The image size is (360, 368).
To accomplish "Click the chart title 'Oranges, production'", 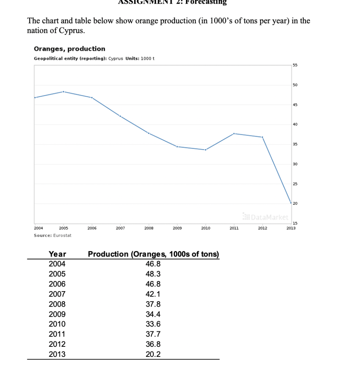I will pyautogui.click(x=69, y=49).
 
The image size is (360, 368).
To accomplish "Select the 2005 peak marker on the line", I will pyautogui.click(x=64, y=92).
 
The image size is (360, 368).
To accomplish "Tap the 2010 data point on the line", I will pyautogui.click(x=205, y=150).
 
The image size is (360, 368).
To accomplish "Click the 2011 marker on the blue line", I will pyautogui.click(x=234, y=134).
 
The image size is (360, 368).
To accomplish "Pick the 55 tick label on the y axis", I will pyautogui.click(x=295, y=65).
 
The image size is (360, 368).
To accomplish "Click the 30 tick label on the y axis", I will pyautogui.click(x=295, y=164).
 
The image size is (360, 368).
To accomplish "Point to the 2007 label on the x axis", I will pyautogui.click(x=120, y=228).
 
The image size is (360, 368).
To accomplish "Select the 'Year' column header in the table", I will pyautogui.click(x=57, y=254).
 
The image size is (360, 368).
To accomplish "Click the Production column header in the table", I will pyautogui.click(x=153, y=254).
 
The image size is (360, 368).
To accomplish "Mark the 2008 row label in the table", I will pyautogui.click(x=57, y=304).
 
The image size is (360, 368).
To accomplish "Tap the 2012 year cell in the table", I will pyautogui.click(x=57, y=344).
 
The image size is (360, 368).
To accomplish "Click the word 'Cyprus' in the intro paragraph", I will pyautogui.click(x=73, y=31).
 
